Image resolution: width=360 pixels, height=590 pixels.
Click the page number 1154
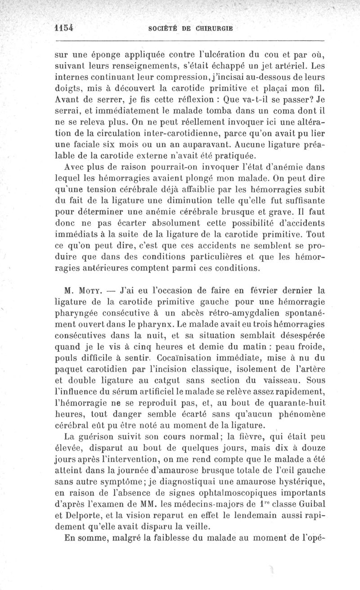pyautogui.click(x=63, y=27)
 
